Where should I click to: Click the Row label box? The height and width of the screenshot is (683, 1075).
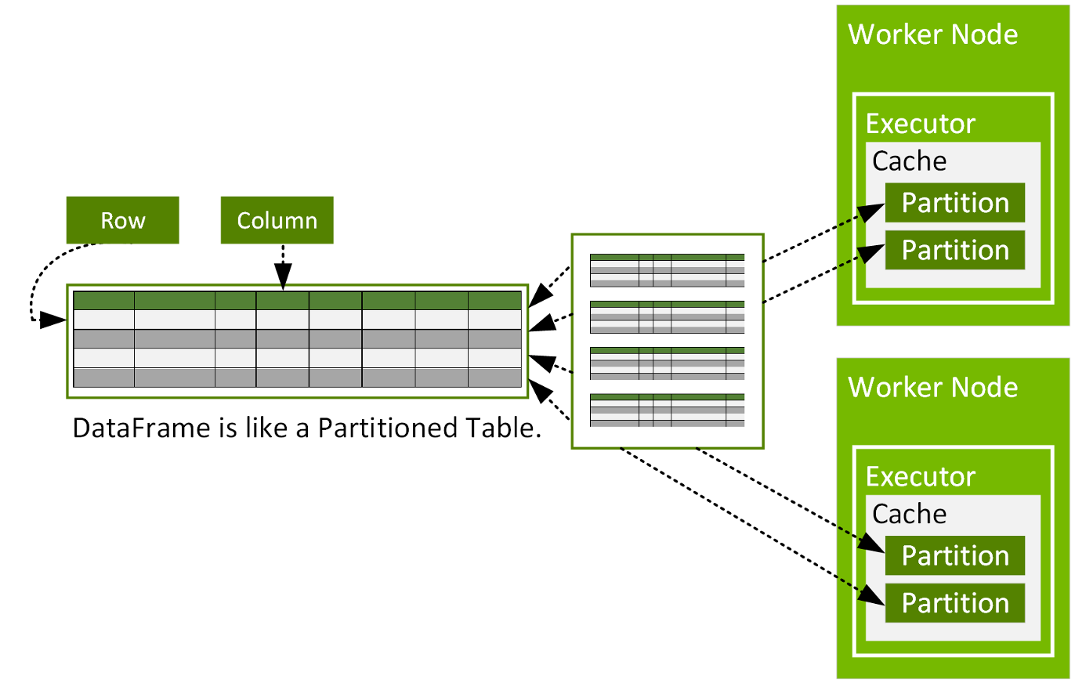coord(123,220)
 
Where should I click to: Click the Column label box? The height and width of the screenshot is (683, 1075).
coord(277,220)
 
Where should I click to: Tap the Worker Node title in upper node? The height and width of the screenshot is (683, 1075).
coord(933,34)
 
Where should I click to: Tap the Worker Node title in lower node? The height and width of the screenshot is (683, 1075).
coord(933,387)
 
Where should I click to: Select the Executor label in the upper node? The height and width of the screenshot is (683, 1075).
coord(920,124)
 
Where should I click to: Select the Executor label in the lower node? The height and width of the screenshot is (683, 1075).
coord(920,476)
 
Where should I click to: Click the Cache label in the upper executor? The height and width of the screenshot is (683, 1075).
coord(909,161)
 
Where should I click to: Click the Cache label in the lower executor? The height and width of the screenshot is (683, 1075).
coord(909,513)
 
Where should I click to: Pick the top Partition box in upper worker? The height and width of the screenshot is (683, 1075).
coord(954,203)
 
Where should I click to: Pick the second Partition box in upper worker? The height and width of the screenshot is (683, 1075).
coord(954,250)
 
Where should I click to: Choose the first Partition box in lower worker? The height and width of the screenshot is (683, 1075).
coord(954,555)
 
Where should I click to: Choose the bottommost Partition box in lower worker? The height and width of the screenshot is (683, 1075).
coord(954,602)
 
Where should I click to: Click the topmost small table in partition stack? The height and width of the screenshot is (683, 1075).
coord(667,270)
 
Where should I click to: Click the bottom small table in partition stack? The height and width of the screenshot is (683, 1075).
coord(667,410)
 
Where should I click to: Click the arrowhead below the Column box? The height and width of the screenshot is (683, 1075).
coord(282,276)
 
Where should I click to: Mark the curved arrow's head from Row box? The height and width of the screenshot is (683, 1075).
coord(52,320)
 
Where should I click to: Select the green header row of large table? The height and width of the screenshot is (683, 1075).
coord(297,301)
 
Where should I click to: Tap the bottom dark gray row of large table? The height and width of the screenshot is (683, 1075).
coord(297,377)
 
